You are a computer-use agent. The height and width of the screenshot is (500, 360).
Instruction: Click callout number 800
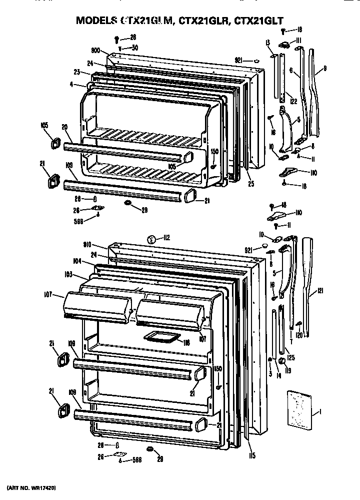(96, 50)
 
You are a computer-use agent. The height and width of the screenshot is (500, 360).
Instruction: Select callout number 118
(186, 343)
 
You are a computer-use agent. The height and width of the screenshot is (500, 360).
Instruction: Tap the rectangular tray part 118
(161, 339)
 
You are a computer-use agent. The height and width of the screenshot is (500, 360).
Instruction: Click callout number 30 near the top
(134, 48)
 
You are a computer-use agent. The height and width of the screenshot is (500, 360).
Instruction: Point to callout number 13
(268, 42)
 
